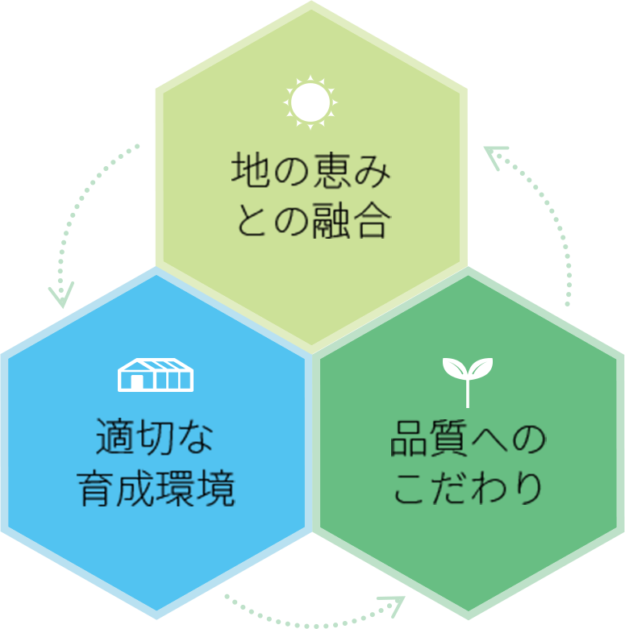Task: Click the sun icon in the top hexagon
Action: tap(310, 102)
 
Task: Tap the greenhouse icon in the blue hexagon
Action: tap(156, 375)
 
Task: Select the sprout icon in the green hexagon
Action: tap(467, 380)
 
